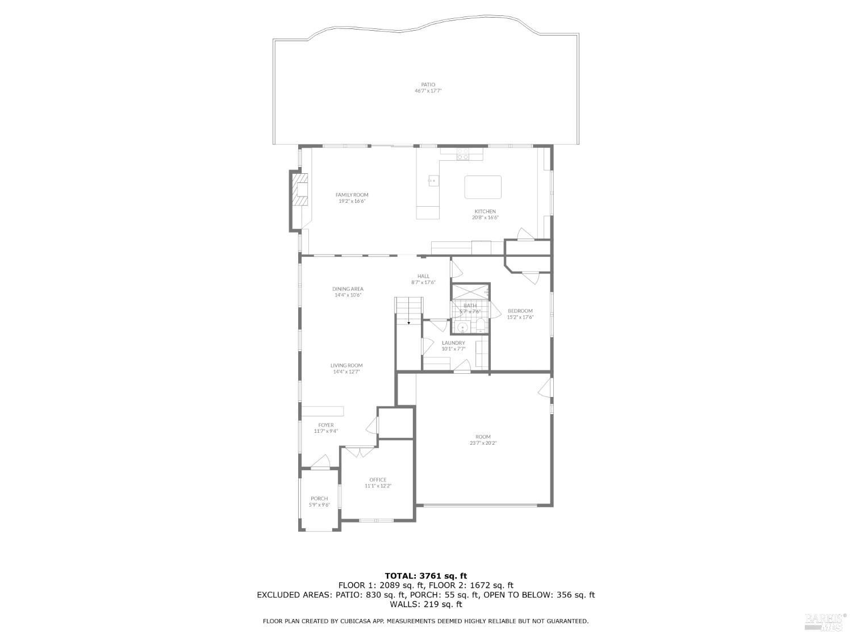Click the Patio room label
coord(428,85)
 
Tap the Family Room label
coord(352,195)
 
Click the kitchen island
coord(483,187)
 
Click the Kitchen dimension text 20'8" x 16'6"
coord(485,218)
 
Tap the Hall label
coord(423,276)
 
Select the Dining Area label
coord(348,289)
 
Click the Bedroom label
coord(520,311)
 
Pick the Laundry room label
coord(453,343)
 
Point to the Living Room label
coord(346,365)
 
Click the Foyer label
coord(326,425)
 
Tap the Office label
coord(378,479)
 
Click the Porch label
coord(319,498)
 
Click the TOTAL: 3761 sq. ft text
coord(425,575)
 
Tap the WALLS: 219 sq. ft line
coord(425,604)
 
